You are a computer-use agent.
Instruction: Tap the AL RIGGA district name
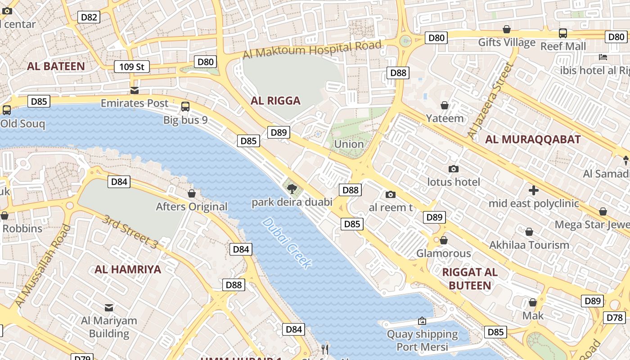point(275,100)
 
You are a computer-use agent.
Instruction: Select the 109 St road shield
point(131,67)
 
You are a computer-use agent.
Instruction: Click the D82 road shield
point(88,18)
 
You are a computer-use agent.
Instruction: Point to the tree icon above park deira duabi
point(292,188)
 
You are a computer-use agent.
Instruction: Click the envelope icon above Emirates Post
point(135,90)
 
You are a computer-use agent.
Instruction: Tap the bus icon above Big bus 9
point(185,107)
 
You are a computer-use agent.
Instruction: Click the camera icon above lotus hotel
point(454,169)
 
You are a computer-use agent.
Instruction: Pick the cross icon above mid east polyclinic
point(534,190)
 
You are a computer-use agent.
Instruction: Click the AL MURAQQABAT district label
point(533,139)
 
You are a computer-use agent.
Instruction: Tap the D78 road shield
point(614,318)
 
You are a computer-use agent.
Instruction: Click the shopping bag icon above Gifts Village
point(507,29)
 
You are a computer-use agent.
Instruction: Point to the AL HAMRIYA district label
point(128,270)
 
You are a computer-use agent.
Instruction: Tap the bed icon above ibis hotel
point(603,57)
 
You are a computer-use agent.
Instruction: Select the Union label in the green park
point(349,144)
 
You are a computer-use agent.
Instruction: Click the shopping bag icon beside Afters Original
point(192,193)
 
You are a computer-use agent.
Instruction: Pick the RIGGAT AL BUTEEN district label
point(470,279)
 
